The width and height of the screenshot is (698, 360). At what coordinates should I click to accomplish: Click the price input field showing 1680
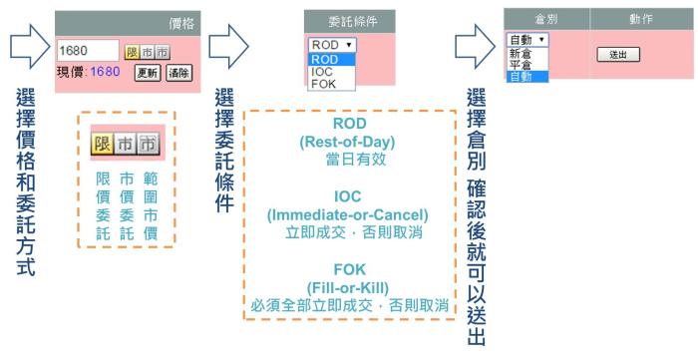point(87,51)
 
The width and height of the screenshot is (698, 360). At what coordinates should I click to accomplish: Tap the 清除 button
point(178,73)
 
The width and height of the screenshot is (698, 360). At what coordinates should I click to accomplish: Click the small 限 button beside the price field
point(132,52)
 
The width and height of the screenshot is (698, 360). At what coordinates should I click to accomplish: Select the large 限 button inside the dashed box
point(102,145)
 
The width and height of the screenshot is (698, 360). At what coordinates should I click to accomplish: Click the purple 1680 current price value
point(105,72)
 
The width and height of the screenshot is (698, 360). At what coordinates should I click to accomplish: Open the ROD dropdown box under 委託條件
point(331,45)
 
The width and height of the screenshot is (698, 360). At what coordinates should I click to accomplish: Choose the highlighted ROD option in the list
point(325,59)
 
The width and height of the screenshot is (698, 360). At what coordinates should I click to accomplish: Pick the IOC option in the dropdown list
point(323,72)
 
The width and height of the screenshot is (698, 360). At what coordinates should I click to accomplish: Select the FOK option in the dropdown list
point(324,85)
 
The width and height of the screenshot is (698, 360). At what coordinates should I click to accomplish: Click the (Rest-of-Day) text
point(348,142)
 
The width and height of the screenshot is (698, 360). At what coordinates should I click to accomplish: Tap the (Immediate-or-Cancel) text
point(348,214)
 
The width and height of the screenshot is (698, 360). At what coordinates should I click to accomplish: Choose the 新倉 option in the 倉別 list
point(521,53)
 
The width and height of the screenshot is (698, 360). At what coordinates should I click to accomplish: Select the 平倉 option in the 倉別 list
point(521,64)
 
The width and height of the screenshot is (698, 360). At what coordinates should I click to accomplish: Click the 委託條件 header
point(348,20)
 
